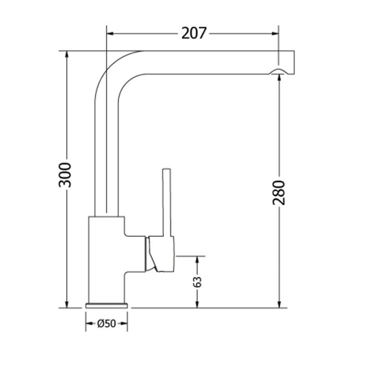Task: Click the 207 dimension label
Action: point(194,33)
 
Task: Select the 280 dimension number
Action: point(279,193)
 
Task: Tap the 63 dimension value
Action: point(198,282)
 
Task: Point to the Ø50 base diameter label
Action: point(106,324)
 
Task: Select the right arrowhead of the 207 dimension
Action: point(275,33)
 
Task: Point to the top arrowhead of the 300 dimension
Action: point(67,54)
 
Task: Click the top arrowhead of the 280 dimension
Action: point(279,78)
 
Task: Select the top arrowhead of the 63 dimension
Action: point(198,260)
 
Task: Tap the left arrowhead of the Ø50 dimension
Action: point(88,324)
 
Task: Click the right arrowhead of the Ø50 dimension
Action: point(124,324)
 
